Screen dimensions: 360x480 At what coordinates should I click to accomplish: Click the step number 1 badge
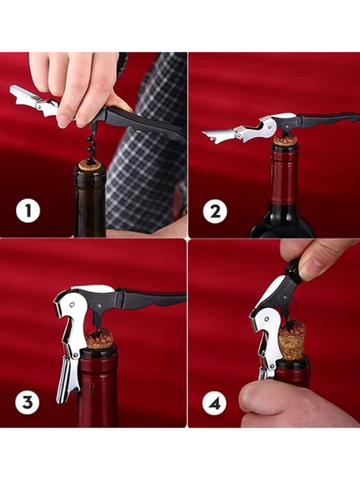pos(28,211)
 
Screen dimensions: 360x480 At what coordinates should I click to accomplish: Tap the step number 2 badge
pos(215,212)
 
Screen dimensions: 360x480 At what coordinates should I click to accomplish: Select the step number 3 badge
pos(28,402)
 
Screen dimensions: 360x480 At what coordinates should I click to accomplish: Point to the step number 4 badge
pos(215,403)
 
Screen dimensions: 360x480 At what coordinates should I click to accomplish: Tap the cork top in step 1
pos(90,166)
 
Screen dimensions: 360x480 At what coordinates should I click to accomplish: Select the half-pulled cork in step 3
pos(100,340)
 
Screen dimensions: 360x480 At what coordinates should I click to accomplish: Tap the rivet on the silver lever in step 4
pos(267,319)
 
